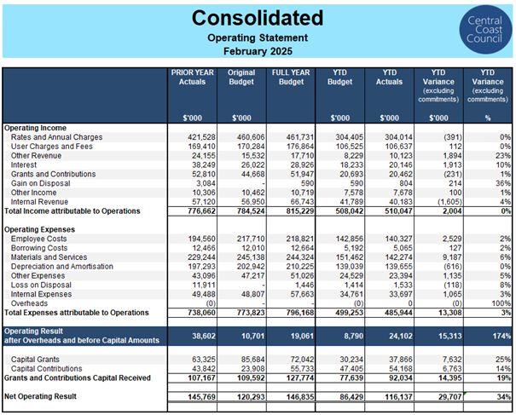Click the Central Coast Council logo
[485, 30]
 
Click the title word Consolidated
[258, 18]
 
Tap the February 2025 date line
[258, 51]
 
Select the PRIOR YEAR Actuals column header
[192, 77]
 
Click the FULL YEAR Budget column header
[291, 77]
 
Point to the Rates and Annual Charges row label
[56, 137]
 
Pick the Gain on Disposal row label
[40, 183]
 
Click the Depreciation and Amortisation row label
[62, 267]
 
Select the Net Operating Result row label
[40, 396]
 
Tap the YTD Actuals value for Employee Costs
[399, 239]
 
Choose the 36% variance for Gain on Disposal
[503, 183]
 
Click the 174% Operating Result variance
[502, 336]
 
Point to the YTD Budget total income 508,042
[350, 211]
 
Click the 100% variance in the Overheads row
[502, 303]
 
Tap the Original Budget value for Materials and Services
[251, 257]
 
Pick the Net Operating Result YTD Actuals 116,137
[399, 397]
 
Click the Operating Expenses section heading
[39, 229]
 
